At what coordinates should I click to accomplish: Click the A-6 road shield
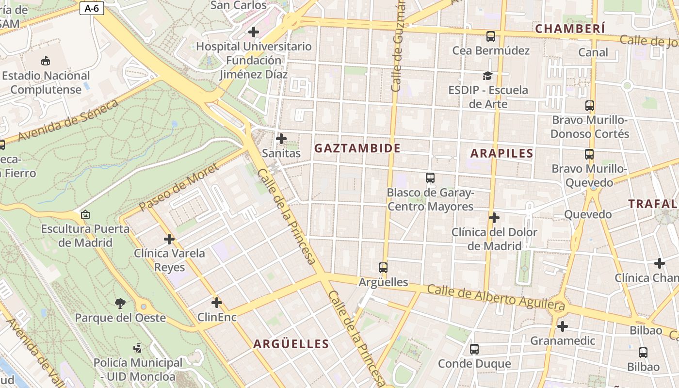tap(92, 8)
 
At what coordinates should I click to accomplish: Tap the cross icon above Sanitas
tap(281, 139)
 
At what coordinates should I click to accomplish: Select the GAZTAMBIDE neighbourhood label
tap(357, 148)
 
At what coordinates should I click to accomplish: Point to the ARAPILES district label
tap(502, 154)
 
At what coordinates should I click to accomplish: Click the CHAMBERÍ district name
tap(570, 29)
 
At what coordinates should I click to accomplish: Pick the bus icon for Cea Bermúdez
tap(491, 36)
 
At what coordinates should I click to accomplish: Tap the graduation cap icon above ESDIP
tap(487, 76)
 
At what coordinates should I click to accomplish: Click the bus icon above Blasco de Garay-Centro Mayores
tap(430, 178)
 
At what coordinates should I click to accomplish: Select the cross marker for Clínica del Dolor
tap(494, 218)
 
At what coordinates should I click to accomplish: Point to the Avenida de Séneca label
tap(68, 121)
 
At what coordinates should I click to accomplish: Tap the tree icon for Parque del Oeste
tap(120, 304)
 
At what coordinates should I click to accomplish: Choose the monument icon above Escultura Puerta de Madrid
tap(85, 214)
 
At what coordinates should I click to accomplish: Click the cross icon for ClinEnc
tap(217, 303)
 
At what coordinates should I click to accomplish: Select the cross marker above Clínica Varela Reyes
tap(169, 239)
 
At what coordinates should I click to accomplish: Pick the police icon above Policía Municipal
tap(138, 348)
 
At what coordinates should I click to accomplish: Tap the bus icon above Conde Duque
tap(474, 349)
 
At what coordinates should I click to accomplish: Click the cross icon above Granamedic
tap(562, 326)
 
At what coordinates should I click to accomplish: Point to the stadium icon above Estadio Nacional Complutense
tap(46, 61)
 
